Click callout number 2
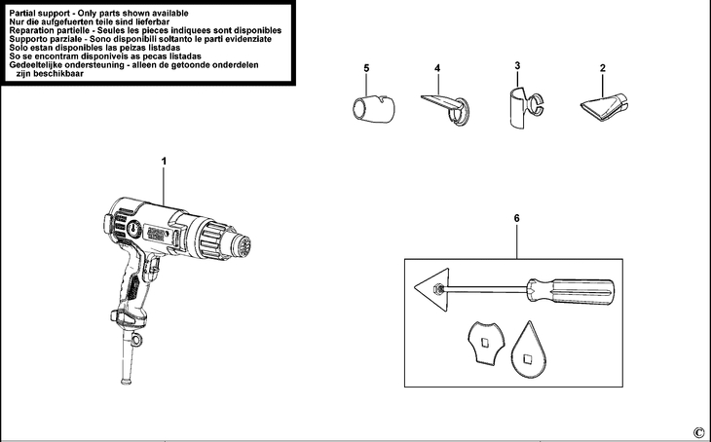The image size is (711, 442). (x=604, y=68)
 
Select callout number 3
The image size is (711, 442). (x=518, y=65)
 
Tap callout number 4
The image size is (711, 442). (x=437, y=68)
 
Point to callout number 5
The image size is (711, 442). (x=366, y=68)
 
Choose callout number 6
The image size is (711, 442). (x=516, y=220)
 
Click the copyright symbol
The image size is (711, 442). (x=697, y=432)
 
